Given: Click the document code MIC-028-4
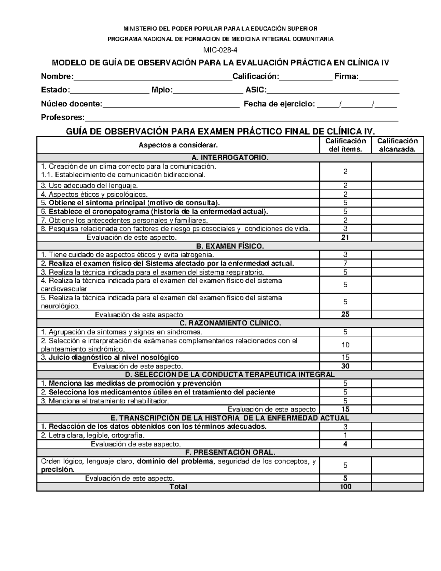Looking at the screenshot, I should pos(220,50).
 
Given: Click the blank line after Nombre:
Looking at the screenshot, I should pos(153,77).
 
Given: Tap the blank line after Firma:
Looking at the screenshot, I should pos(378,77).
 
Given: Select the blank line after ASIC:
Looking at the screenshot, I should pos(333,91).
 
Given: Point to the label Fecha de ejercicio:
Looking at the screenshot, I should pos(279,104).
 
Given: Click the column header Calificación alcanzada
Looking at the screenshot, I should pos(397,145).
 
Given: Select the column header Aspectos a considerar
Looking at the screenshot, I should pos(178,145).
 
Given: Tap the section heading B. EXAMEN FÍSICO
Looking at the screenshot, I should pos(230,246).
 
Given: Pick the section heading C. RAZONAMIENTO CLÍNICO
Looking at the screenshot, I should pos(230,323).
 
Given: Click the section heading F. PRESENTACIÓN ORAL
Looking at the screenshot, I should pos(230,452).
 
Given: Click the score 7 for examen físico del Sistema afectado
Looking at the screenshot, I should pos(345,263).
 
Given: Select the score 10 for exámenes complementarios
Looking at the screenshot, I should pos(345,345).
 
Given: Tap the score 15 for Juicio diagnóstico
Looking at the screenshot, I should pos(345,357).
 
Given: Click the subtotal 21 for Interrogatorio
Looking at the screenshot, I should pos(345,238).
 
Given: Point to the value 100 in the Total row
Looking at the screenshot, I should pos(345,487).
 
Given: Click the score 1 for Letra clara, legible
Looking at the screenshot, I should pos(345,435).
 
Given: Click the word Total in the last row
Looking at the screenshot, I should pos(178,487).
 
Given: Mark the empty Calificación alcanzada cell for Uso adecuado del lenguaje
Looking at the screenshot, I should pos(397,186).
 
